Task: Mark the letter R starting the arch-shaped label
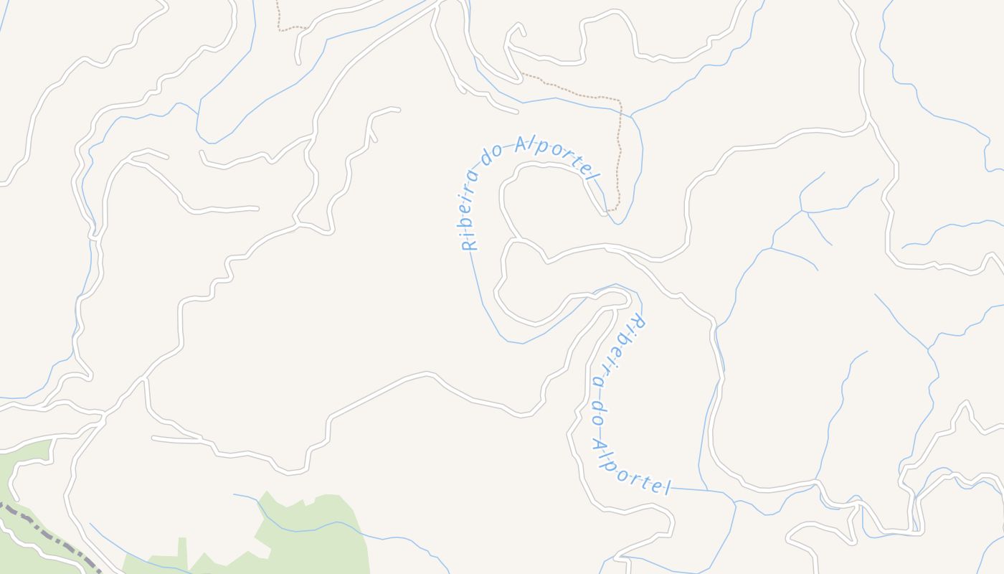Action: pos(469,243)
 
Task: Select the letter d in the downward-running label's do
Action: pos(595,405)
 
